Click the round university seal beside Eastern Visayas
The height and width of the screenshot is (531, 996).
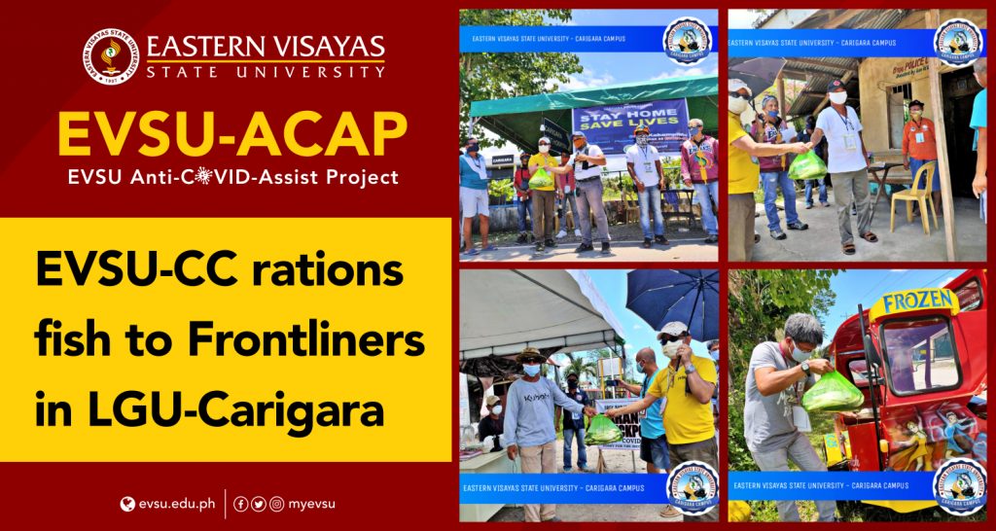110,58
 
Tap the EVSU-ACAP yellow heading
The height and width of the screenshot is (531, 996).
231,135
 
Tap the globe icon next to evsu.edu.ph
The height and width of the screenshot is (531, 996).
126,504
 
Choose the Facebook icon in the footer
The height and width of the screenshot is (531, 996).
241,504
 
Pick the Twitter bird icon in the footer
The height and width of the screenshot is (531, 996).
259,504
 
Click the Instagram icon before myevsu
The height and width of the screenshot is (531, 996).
277,504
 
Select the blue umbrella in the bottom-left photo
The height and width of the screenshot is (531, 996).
671,301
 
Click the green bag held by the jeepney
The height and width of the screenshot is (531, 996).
833,391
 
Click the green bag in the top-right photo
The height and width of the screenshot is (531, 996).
806,166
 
